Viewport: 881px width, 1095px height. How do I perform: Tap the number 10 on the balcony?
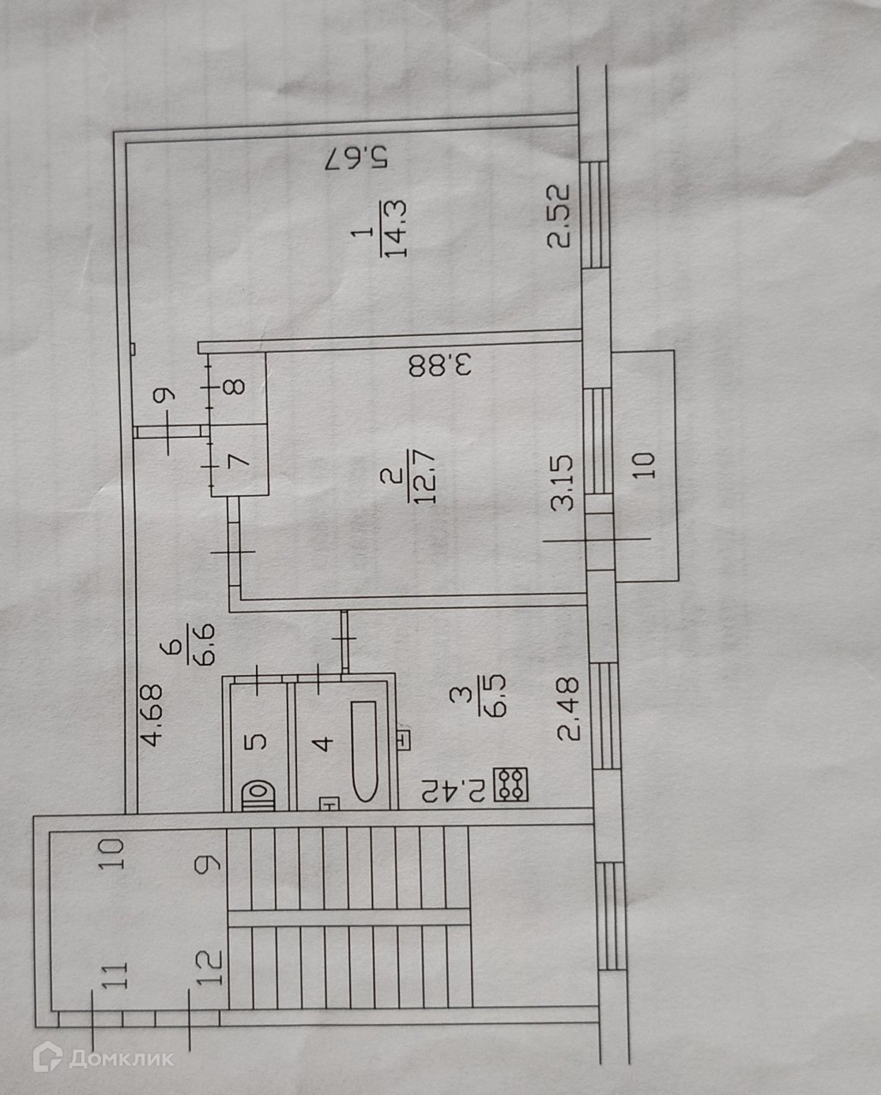click(x=646, y=463)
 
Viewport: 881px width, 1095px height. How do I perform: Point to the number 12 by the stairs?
click(x=213, y=968)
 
